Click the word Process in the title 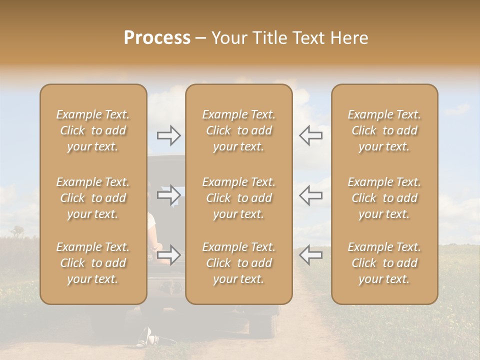[x=157, y=38]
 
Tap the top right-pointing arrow [x=169, y=135]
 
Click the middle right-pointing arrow [x=169, y=195]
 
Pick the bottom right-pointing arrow [x=169, y=255]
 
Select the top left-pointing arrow [x=311, y=135]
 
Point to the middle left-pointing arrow [x=311, y=195]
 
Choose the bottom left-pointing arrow [x=311, y=255]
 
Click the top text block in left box [x=93, y=130]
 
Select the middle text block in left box [x=93, y=198]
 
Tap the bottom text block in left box [x=93, y=263]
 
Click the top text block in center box [x=239, y=130]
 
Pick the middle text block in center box [x=239, y=198]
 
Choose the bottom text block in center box [x=239, y=263]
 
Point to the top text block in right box [x=384, y=130]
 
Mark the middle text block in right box [x=384, y=198]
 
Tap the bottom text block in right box [x=384, y=263]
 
